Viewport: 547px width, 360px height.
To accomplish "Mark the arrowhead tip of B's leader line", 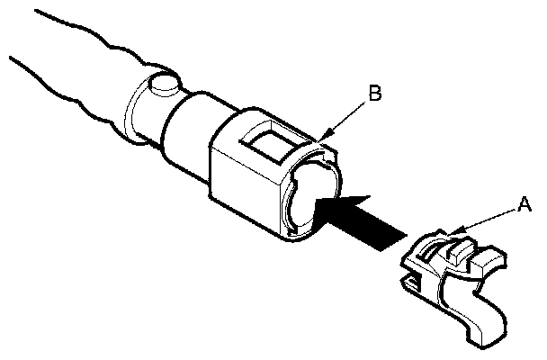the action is click(321, 137).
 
